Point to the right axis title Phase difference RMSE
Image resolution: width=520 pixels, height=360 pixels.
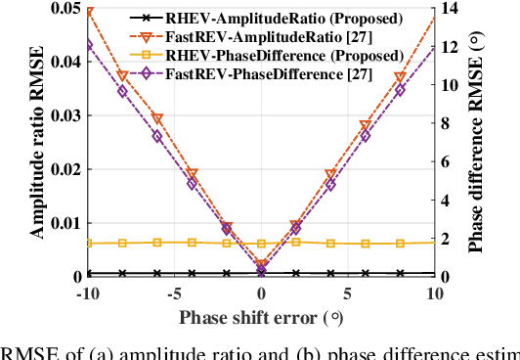coord(477,142)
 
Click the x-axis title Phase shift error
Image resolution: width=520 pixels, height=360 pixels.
coord(260,317)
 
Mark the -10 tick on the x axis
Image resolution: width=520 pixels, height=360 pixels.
coord(86,293)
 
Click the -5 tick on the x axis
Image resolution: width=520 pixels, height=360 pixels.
coord(173,293)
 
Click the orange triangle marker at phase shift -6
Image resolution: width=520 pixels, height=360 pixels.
coord(157,119)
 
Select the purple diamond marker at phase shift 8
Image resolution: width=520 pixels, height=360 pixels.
coord(400,90)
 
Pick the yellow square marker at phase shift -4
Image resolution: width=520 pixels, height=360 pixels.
coord(192,242)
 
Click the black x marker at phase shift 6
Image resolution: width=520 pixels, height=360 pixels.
coord(366,274)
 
